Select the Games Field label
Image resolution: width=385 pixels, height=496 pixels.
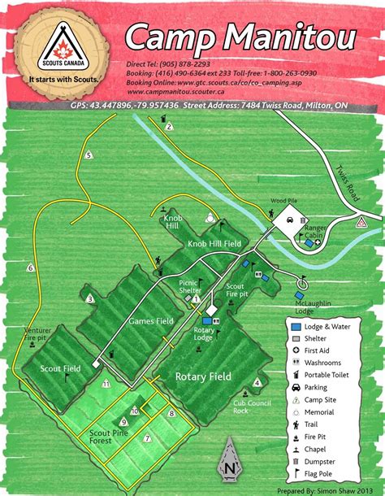coord(151,321)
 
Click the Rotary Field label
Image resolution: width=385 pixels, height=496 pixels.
coord(204,376)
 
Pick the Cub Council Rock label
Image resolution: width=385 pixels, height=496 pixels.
coord(251,406)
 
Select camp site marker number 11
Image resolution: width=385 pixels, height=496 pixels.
coord(106,382)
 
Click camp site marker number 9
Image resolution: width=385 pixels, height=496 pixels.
coord(123,421)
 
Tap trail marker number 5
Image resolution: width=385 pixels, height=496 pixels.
coord(88,155)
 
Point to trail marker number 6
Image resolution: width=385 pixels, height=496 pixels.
coord(31,268)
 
